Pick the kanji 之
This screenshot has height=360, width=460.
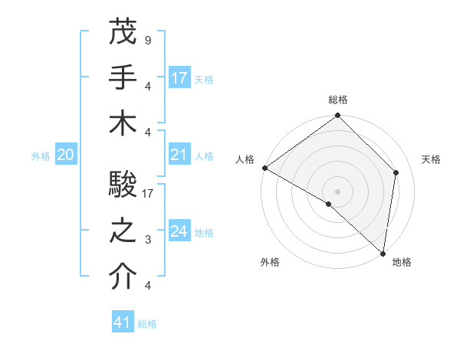coord(123,231)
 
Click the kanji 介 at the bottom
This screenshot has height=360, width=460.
coord(123,277)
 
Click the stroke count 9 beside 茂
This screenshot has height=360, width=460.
coord(147,40)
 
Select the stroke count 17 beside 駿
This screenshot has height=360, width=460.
coord(149,195)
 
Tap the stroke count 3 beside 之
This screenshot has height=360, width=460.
coord(147,240)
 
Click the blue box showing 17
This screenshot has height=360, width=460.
coord(179,77)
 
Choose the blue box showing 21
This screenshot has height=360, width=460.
coord(179,155)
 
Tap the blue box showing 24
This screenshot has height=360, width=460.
coord(179,231)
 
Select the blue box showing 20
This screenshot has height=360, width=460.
coord(65,155)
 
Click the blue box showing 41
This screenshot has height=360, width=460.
coord(123,322)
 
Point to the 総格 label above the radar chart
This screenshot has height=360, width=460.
coord(338,100)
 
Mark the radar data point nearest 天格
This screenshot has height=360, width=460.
coord(396,172)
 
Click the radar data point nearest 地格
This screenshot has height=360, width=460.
coord(383,253)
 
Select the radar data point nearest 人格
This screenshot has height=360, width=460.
coord(264,168)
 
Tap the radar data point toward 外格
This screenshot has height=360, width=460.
coord(329,204)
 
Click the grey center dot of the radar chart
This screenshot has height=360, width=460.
coord(338,191)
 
